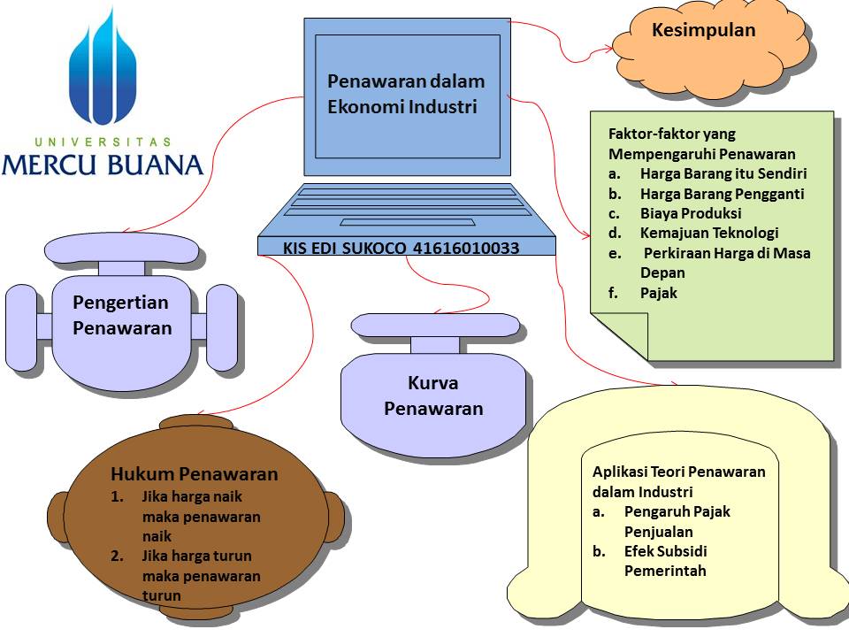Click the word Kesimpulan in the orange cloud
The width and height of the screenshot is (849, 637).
pyautogui.click(x=703, y=30)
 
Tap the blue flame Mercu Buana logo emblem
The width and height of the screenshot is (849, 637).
pyautogui.click(x=103, y=71)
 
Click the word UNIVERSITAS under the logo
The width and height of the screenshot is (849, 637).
pyautogui.click(x=103, y=142)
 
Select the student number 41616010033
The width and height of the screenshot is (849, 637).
pyautogui.click(x=466, y=249)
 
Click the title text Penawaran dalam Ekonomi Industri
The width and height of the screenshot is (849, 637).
pyautogui.click(x=406, y=94)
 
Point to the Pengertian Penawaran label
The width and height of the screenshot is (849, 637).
pyautogui.click(x=121, y=315)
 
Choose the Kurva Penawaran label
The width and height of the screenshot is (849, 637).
pyautogui.click(x=433, y=395)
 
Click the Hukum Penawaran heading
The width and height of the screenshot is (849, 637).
pyautogui.click(x=194, y=474)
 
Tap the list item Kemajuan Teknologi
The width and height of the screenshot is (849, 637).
pyautogui.click(x=709, y=233)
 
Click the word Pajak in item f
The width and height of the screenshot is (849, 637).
pyautogui.click(x=658, y=292)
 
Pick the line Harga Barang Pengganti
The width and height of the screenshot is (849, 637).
pyautogui.click(x=722, y=194)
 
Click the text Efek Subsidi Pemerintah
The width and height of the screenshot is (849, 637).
pyautogui.click(x=665, y=561)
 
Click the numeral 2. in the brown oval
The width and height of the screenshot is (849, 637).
pyautogui.click(x=118, y=556)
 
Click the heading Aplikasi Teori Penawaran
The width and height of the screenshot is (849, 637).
pyautogui.click(x=678, y=472)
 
